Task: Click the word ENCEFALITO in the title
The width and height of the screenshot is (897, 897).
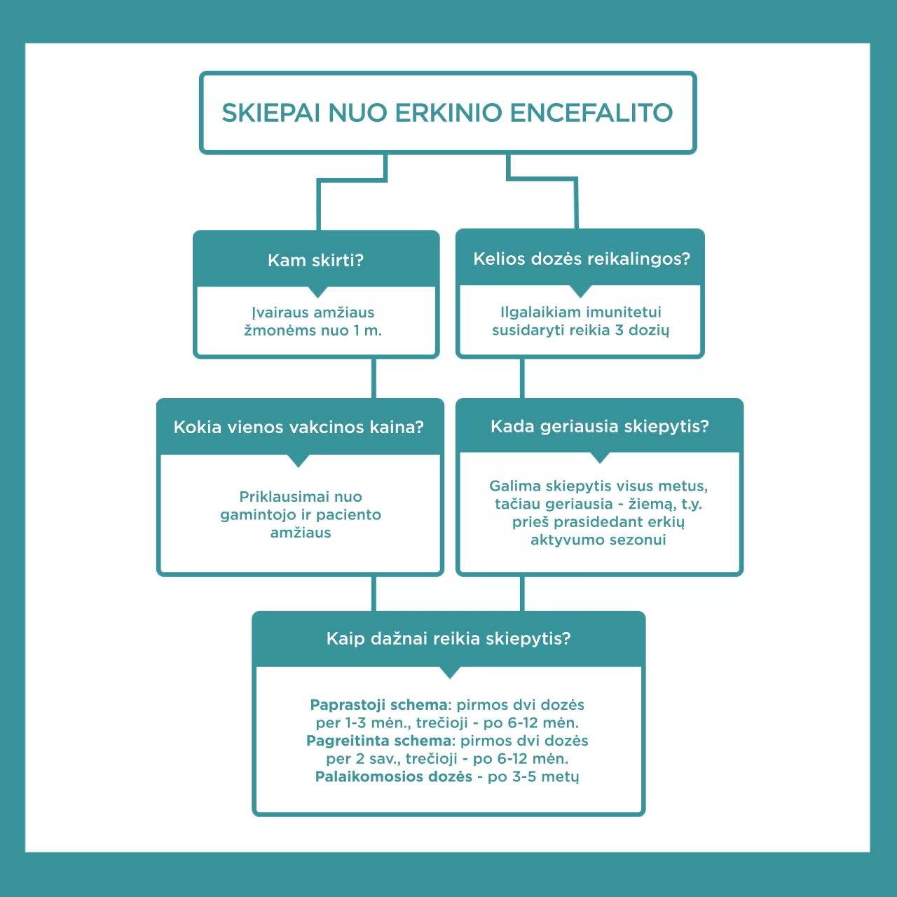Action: (591, 113)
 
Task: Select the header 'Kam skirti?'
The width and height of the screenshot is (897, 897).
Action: (315, 260)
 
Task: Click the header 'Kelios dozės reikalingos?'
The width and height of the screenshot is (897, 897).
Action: (582, 259)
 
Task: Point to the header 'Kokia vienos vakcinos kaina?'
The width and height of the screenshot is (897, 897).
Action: (299, 427)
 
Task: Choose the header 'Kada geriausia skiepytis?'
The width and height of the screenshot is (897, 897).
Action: (600, 426)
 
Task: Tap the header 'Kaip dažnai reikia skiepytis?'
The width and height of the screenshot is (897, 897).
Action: (448, 638)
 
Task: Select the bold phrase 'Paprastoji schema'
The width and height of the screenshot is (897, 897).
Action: (378, 705)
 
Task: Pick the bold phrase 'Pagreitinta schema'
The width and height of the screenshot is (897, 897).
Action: (378, 741)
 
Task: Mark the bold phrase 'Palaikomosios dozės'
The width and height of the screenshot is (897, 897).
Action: (394, 776)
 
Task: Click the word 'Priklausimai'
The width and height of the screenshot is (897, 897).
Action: (280, 497)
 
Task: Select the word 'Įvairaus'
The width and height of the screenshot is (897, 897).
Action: (280, 313)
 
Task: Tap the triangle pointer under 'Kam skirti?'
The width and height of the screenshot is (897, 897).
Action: (318, 292)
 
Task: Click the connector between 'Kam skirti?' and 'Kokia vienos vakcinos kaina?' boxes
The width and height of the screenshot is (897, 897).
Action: (374, 378)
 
